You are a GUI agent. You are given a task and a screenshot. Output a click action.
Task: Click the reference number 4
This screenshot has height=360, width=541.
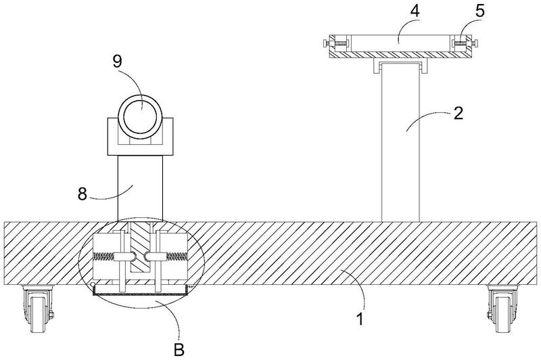tap(415, 11)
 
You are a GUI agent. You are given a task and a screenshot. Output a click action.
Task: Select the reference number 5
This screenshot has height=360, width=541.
tap(480, 11)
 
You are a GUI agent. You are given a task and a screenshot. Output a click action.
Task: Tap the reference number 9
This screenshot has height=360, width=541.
tap(117, 61)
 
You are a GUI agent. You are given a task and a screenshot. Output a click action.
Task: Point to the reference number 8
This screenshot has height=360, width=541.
tap(82, 194)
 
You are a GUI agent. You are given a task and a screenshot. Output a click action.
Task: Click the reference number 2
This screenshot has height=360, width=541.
tap(458, 113)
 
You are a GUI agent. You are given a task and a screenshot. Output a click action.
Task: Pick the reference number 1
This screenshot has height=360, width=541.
tap(360, 319)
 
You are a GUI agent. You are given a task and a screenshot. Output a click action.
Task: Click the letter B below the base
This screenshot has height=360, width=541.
tap(179, 350)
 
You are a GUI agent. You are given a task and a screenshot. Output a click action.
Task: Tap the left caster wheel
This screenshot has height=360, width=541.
tap(37, 309)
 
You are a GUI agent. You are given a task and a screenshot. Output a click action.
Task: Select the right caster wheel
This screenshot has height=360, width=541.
tap(503, 309)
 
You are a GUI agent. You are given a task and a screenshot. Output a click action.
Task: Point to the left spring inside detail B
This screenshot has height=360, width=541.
tap(103, 256)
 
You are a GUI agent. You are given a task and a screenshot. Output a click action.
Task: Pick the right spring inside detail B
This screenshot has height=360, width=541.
tap(177, 256)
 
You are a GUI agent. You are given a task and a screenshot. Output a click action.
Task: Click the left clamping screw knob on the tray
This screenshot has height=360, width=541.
tap(326, 44)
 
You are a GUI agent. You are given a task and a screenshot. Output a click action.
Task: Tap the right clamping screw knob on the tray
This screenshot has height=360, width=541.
tap(475, 44)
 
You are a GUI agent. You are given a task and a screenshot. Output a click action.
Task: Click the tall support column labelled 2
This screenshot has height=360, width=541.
tap(400, 142)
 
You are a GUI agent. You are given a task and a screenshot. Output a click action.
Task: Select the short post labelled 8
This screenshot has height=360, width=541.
tap(140, 188)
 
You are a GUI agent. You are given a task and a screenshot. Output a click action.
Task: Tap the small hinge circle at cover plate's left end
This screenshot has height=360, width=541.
tap(93, 285)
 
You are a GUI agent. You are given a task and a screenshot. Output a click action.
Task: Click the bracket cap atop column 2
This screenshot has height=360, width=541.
tap(400, 66)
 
